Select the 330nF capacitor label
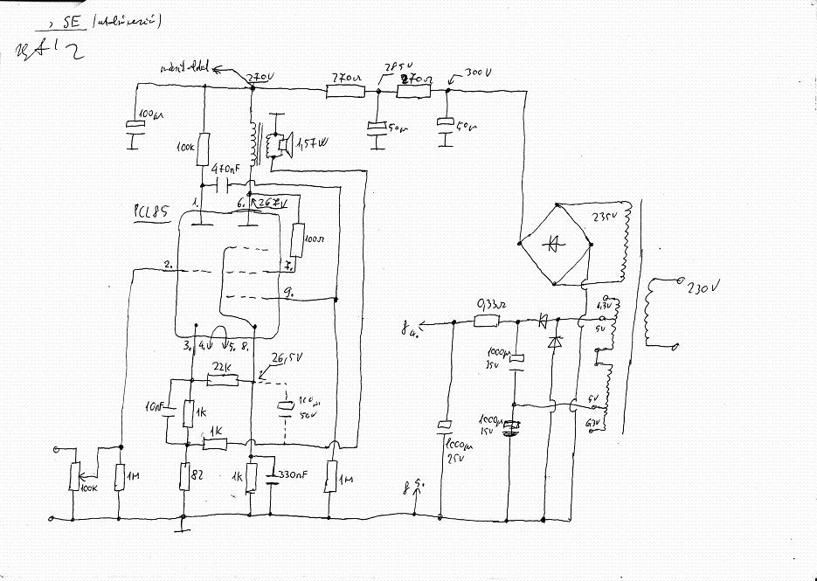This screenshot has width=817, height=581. click(x=293, y=476)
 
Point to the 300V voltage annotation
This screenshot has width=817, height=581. click(x=479, y=73)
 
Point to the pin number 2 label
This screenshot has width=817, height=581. click(x=167, y=263)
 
